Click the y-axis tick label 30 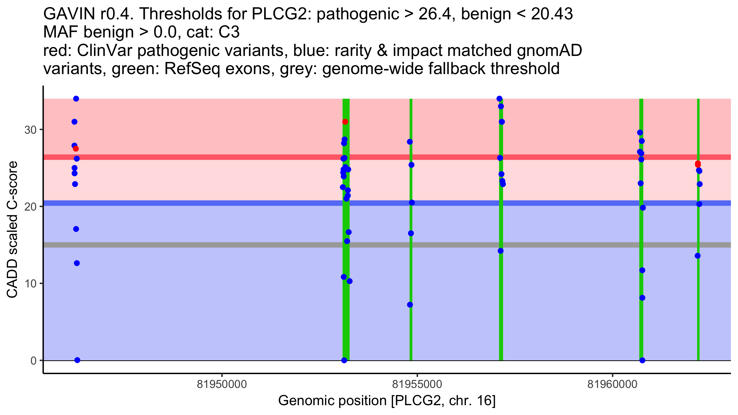30,130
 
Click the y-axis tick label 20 30,207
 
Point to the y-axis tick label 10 30,283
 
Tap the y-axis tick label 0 33,361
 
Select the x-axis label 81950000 222,384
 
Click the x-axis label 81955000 417,384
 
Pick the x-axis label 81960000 613,384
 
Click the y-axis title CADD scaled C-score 12,230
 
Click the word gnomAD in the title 549,50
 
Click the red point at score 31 345,122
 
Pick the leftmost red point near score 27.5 76,149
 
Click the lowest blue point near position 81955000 410,305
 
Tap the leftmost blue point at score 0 77,360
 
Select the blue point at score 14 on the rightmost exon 698,256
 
